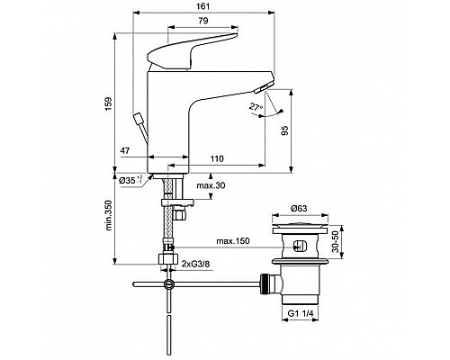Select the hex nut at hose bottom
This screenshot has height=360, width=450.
(x=167, y=261)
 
